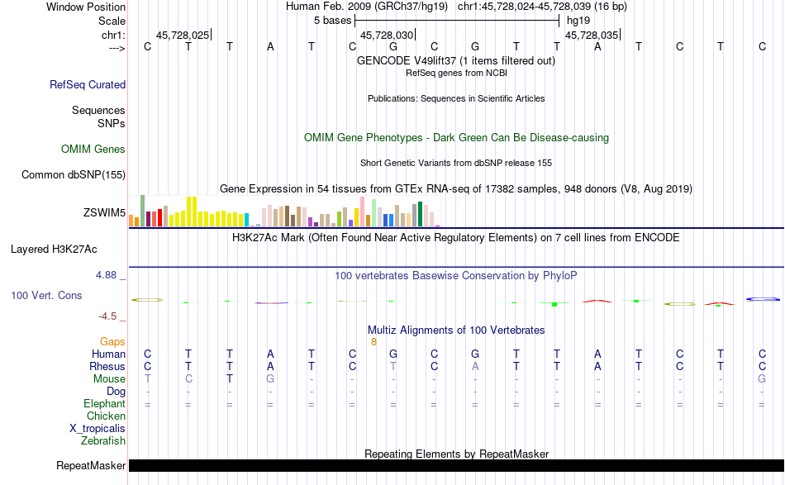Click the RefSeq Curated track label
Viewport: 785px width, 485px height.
click(88, 84)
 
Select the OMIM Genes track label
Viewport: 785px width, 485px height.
click(93, 150)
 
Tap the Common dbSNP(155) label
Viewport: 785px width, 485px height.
click(74, 174)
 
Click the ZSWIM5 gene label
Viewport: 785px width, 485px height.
click(104, 212)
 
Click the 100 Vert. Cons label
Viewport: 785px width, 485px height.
click(46, 295)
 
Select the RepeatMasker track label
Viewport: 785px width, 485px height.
click(91, 466)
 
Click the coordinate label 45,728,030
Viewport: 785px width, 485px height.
click(386, 36)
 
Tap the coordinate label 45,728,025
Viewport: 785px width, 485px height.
click(183, 36)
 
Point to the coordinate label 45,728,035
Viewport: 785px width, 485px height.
click(591, 36)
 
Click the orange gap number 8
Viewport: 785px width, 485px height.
click(373, 341)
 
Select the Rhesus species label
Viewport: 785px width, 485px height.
click(108, 366)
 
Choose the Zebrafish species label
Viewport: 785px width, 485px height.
click(103, 441)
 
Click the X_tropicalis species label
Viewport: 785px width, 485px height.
click(98, 429)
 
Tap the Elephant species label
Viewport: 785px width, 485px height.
click(104, 404)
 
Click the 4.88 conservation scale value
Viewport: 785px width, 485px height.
click(109, 274)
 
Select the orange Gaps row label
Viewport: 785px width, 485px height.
click(112, 341)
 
